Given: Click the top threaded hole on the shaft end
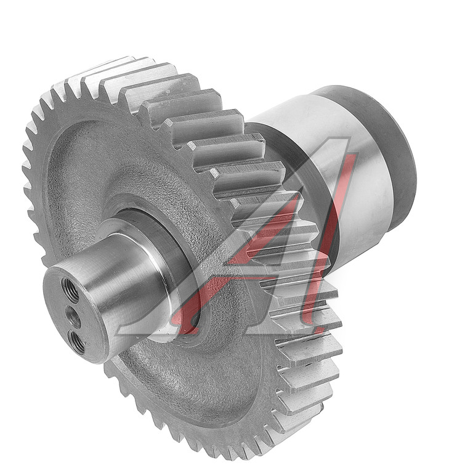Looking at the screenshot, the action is point(70,290).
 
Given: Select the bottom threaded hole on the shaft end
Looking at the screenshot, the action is point(76,342).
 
